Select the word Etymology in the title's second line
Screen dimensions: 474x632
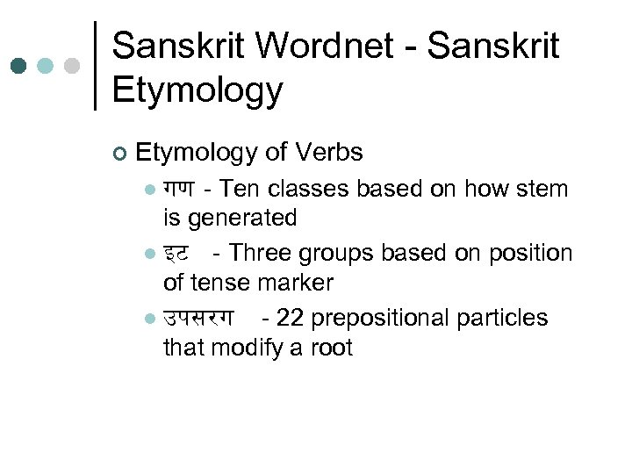[x=197, y=90]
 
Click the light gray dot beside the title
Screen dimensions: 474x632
[x=73, y=66]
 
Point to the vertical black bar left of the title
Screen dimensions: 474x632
[x=95, y=66]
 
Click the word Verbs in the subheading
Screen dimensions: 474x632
[x=329, y=153]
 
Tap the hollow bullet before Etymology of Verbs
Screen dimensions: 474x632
[x=120, y=154]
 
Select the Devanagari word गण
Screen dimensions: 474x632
[x=179, y=190]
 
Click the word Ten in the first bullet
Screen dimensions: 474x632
[x=238, y=190]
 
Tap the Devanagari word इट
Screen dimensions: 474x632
[x=176, y=255]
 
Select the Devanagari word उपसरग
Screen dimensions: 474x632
[x=198, y=319]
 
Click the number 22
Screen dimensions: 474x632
[x=290, y=319]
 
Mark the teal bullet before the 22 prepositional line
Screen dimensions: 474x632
[x=150, y=320]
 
